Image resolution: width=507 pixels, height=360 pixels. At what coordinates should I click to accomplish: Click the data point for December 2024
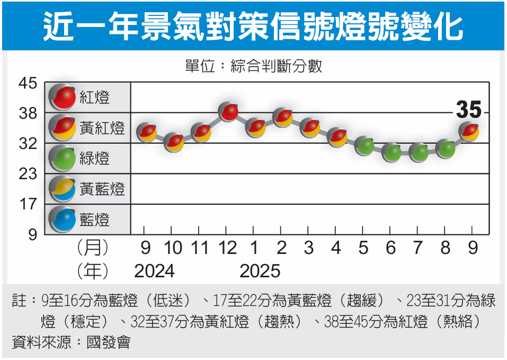tap(228, 111)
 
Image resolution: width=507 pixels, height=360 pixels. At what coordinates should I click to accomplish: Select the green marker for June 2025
tap(391, 153)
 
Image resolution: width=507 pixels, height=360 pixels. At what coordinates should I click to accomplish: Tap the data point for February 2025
tap(282, 118)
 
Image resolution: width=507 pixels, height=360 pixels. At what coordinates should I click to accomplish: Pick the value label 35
tap(468, 110)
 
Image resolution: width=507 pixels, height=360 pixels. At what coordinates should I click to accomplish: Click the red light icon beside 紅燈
tap(63, 97)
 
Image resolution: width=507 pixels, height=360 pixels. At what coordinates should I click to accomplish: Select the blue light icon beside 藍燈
tap(63, 219)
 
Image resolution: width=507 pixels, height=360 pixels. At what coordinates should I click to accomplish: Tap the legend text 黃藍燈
tap(102, 189)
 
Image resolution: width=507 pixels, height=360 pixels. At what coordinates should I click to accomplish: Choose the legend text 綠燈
tap(95, 158)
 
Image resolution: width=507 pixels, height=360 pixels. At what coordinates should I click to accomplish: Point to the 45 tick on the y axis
tap(28, 83)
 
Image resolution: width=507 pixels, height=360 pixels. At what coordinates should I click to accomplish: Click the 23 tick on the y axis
tap(28, 174)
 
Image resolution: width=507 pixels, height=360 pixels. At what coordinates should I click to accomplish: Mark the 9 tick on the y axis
tap(32, 234)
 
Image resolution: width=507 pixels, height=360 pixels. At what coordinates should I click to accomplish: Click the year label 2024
tap(154, 271)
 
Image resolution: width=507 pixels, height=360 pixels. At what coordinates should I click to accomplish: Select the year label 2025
tap(260, 271)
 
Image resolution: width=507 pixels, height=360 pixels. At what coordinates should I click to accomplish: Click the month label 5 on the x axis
tap(363, 248)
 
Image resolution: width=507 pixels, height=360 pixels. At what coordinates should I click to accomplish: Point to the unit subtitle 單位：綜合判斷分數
tap(253, 67)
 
